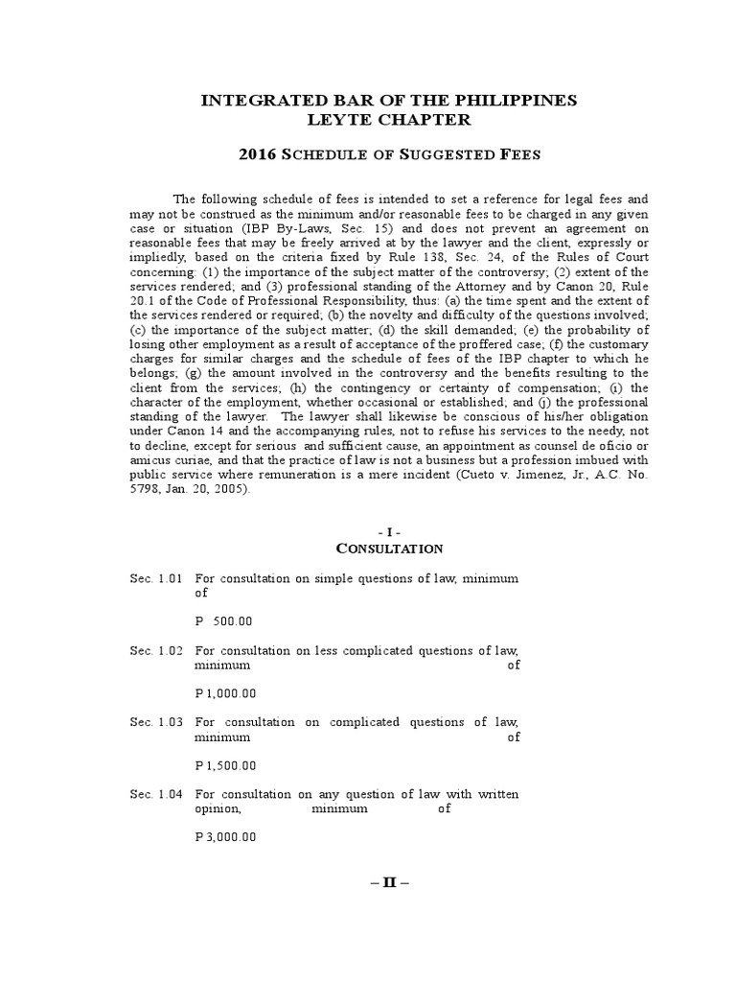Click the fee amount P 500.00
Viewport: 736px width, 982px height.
point(223,621)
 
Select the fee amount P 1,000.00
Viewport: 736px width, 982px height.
point(225,693)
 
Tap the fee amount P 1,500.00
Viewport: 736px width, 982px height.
point(225,765)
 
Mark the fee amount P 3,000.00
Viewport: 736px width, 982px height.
point(225,837)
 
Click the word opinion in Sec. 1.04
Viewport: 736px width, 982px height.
point(218,808)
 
